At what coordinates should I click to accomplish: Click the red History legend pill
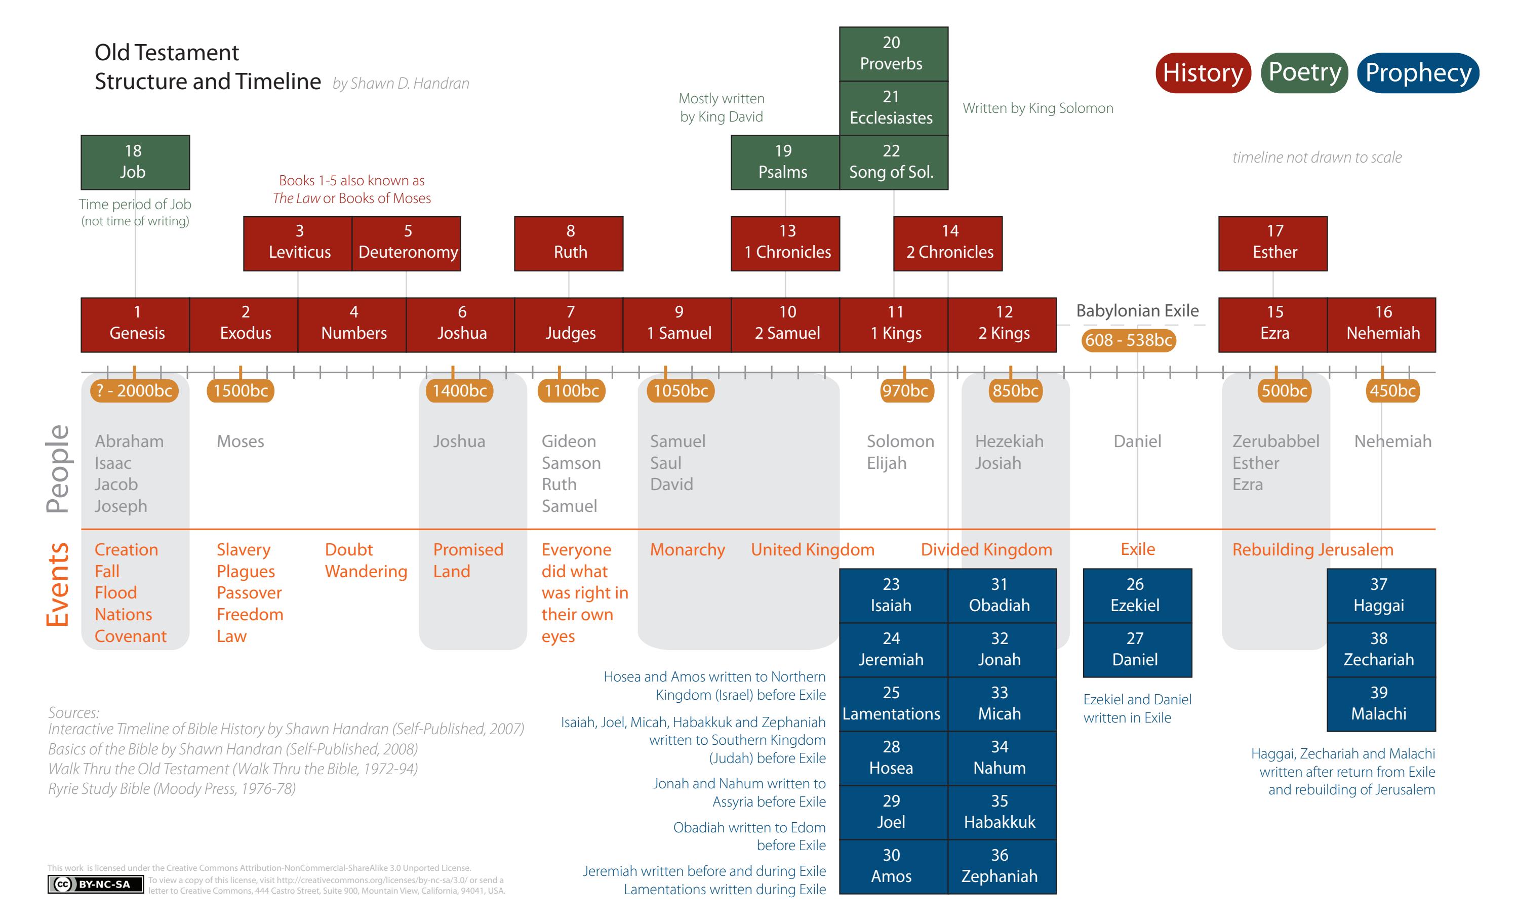coord(1203,72)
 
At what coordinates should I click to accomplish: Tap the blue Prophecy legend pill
coord(1417,72)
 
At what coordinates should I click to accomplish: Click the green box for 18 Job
coord(135,162)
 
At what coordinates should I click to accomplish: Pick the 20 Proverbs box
coord(893,54)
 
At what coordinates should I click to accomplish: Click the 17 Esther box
coord(1272,243)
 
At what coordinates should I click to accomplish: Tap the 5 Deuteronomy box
coord(406,243)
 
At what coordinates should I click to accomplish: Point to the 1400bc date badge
coord(459,390)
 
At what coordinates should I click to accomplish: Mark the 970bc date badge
coord(904,390)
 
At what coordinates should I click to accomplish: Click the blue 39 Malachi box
coord(1381,704)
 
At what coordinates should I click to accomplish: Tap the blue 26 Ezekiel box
coord(1137,595)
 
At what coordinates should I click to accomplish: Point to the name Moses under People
coord(240,442)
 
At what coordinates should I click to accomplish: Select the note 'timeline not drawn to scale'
coord(1316,157)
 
